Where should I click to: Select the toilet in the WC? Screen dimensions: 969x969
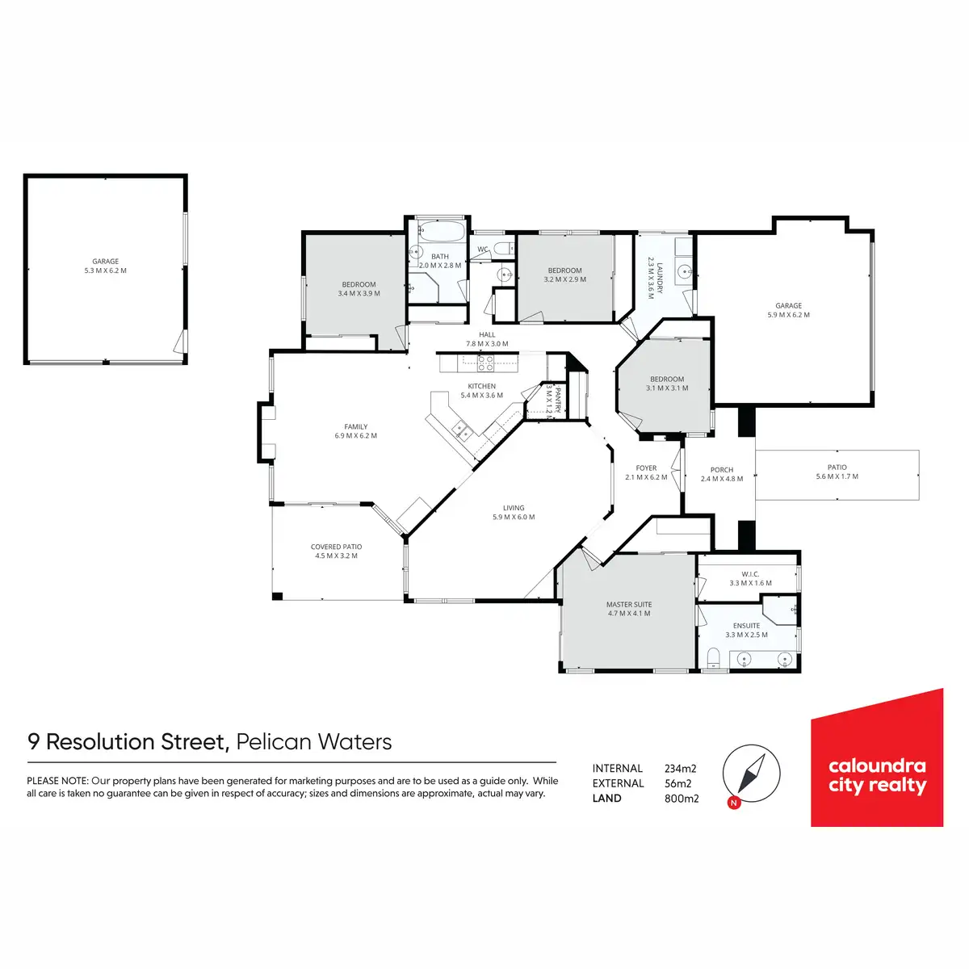pos(501,248)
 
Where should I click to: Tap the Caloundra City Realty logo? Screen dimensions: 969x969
pos(877,759)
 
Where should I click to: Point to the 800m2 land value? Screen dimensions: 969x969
pos(682,799)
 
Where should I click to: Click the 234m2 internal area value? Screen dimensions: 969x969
pos(680,769)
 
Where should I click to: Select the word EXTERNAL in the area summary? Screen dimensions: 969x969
pos(618,783)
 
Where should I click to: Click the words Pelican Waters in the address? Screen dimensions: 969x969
pos(314,742)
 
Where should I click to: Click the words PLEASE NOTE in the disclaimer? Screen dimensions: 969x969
pos(57,781)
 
